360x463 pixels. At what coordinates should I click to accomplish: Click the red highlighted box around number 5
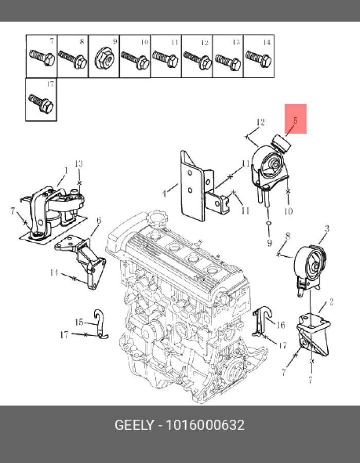coord(296,119)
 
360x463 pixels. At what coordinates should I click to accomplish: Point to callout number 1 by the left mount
coord(66,170)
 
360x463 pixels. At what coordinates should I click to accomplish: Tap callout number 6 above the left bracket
coord(98,220)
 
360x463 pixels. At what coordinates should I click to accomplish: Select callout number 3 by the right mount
coord(327,228)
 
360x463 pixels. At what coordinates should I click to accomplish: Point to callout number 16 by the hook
coord(281,325)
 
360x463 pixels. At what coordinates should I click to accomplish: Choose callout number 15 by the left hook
coord(79,323)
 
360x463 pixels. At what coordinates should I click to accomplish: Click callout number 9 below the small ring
coord(269,242)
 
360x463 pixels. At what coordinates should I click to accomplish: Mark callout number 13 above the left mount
coord(79,164)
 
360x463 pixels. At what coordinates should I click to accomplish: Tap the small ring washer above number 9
coord(269,224)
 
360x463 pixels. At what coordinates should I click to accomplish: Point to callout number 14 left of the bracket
coord(54,273)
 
